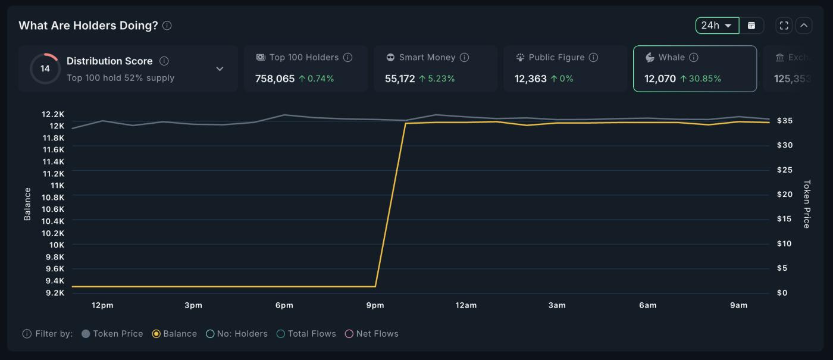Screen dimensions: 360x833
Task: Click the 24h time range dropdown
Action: (x=717, y=26)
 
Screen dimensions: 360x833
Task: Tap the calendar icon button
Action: (x=751, y=26)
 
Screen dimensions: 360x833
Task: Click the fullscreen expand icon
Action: (x=784, y=26)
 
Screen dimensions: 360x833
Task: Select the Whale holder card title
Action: (x=671, y=58)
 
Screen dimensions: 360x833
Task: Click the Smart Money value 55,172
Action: (x=400, y=79)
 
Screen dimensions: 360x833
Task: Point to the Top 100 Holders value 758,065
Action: (x=275, y=79)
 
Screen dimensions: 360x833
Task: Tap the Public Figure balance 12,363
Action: (x=531, y=79)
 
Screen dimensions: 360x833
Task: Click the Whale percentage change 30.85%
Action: (x=704, y=79)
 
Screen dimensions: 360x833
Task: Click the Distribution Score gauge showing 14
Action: (x=45, y=68)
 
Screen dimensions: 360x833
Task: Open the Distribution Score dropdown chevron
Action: (x=220, y=69)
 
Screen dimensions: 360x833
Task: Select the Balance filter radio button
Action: (x=156, y=334)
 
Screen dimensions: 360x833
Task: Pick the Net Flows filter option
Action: (x=349, y=334)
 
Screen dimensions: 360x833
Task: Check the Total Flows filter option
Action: (x=281, y=334)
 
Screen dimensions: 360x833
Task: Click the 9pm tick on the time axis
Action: (x=375, y=305)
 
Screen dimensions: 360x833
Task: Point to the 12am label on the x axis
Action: (x=466, y=305)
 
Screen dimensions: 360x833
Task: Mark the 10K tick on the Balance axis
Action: (x=57, y=245)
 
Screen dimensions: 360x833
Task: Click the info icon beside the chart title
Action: (x=167, y=26)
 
